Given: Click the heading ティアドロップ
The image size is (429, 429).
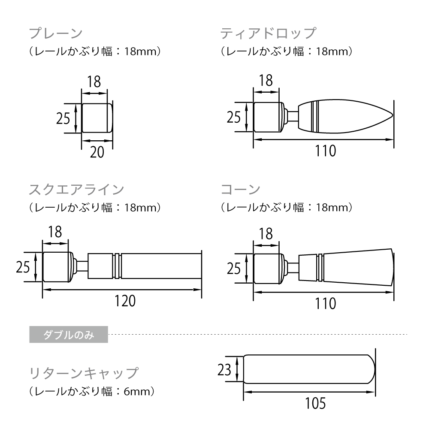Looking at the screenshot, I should [x=268, y=33].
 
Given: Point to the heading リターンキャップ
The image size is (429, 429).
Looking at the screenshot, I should [x=84, y=372].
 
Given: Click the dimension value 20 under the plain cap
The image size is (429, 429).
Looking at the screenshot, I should [x=97, y=152].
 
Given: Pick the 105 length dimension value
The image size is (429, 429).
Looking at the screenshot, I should [x=315, y=403].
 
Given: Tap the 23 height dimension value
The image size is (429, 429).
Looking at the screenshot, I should [x=224, y=369].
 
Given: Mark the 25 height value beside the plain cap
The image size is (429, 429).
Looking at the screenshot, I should [x=63, y=118].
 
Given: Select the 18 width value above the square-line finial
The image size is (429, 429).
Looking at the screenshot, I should [x=55, y=232].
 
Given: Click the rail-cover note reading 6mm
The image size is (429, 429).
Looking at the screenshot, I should [x=92, y=391].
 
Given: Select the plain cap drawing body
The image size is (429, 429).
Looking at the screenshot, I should [x=97, y=118].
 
